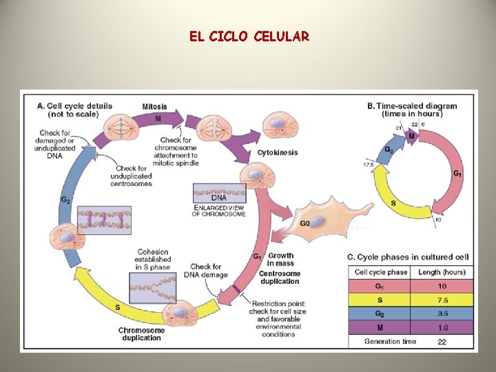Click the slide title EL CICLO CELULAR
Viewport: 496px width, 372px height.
[249, 36]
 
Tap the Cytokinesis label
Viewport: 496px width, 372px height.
[278, 152]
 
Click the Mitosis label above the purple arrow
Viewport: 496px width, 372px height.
[154, 106]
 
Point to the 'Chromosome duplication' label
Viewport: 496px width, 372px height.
[142, 334]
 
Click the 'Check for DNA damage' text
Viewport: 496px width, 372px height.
[205, 271]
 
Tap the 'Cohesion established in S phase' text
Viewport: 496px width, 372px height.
[154, 260]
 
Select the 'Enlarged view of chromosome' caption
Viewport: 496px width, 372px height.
[219, 209]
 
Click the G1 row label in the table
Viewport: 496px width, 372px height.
[379, 286]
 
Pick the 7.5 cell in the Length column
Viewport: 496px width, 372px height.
[442, 300]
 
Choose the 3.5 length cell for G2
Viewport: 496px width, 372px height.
[442, 313]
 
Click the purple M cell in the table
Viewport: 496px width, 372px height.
[379, 327]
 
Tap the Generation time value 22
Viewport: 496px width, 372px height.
[442, 341]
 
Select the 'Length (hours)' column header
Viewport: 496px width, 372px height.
[442, 272]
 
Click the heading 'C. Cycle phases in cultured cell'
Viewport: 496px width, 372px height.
[408, 257]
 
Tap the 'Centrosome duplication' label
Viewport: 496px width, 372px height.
[279, 277]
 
